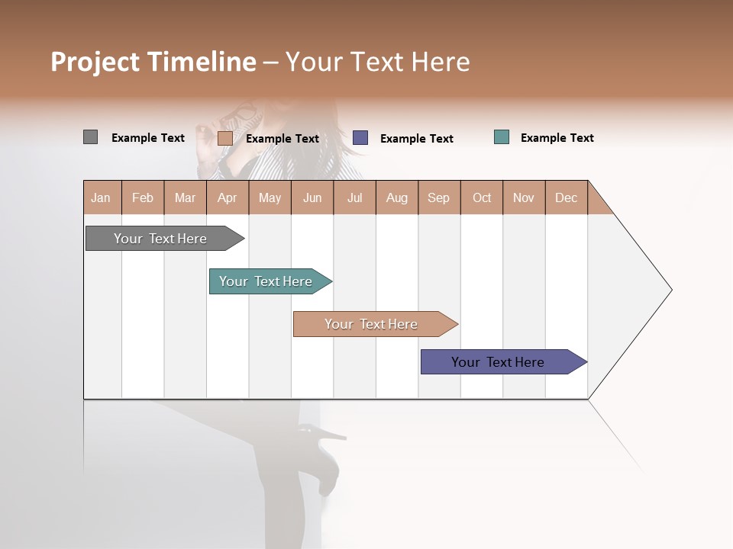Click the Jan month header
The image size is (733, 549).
point(101,197)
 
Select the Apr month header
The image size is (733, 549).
point(227,197)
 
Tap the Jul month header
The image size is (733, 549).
point(354,197)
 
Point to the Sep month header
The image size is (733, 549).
point(438,197)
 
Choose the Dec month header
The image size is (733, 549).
point(566,197)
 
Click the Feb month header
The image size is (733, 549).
point(143,197)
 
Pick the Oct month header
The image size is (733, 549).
point(482,197)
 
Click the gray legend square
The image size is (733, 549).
point(90,137)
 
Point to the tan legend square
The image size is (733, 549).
point(224,138)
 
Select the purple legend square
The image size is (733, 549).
point(360,138)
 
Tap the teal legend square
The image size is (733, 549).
point(501,137)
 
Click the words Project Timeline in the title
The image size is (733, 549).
point(153,62)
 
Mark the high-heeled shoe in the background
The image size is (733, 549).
point(325,457)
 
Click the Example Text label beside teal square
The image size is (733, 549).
point(557,138)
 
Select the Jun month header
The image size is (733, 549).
point(312,197)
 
